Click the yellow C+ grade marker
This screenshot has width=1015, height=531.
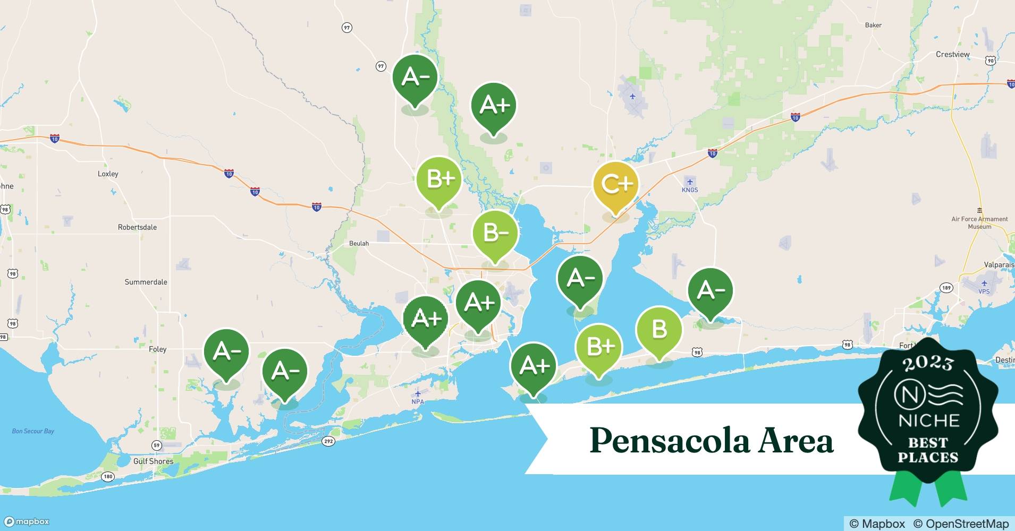pyautogui.click(x=616, y=184)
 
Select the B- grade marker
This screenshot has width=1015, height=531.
pyautogui.click(x=495, y=233)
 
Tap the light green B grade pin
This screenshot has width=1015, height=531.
pyautogui.click(x=659, y=329)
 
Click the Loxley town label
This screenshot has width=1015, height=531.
pyautogui.click(x=108, y=174)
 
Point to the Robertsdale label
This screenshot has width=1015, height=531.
pyautogui.click(x=137, y=227)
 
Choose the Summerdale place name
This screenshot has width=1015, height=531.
pyautogui.click(x=146, y=282)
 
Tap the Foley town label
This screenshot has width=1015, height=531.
pyautogui.click(x=157, y=349)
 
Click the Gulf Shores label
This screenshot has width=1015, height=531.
pyautogui.click(x=153, y=461)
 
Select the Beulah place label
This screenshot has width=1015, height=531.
pyautogui.click(x=359, y=243)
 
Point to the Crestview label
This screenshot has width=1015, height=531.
pyautogui.click(x=952, y=54)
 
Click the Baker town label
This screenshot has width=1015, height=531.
pyautogui.click(x=873, y=25)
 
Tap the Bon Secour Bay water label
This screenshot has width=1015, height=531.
pyautogui.click(x=33, y=431)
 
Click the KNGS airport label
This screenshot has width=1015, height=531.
pyautogui.click(x=690, y=190)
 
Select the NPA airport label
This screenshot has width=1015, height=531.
pyautogui.click(x=418, y=401)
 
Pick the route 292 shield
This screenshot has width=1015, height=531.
pyautogui.click(x=328, y=441)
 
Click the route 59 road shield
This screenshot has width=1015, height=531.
pyautogui.click(x=156, y=445)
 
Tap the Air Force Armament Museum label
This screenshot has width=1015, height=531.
pyautogui.click(x=979, y=222)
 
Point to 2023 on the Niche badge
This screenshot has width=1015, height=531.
pyautogui.click(x=928, y=363)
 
